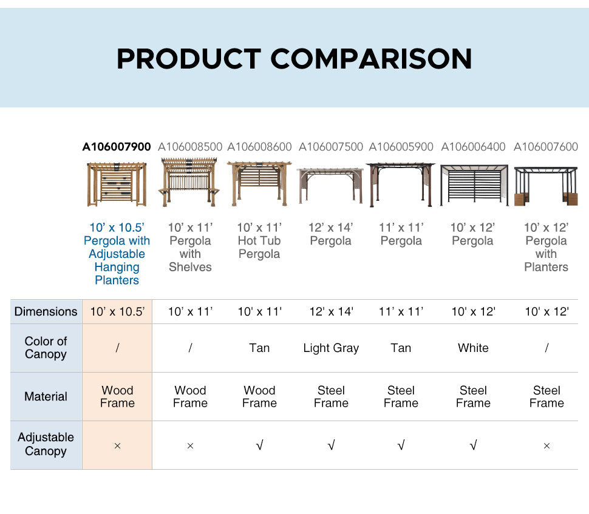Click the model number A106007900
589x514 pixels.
(x=117, y=146)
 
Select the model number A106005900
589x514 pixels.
(x=401, y=146)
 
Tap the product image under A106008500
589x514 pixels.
(x=190, y=183)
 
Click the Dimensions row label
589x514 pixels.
(x=46, y=312)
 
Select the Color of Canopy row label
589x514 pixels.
(x=46, y=348)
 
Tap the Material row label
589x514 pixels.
(x=46, y=396)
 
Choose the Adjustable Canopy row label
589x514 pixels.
(x=46, y=444)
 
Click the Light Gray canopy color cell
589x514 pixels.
(x=331, y=348)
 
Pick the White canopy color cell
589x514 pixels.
(x=473, y=348)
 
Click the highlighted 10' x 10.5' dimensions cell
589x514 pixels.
(x=117, y=312)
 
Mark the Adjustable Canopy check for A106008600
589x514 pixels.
(x=259, y=445)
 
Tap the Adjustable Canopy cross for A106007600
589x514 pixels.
(x=546, y=445)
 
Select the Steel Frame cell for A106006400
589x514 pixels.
(x=473, y=396)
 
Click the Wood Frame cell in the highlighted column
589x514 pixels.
(x=117, y=396)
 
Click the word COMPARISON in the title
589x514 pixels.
(x=371, y=59)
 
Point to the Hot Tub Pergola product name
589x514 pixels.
(x=259, y=241)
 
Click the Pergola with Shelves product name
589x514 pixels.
(x=190, y=247)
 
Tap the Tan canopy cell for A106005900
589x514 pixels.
(x=401, y=348)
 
